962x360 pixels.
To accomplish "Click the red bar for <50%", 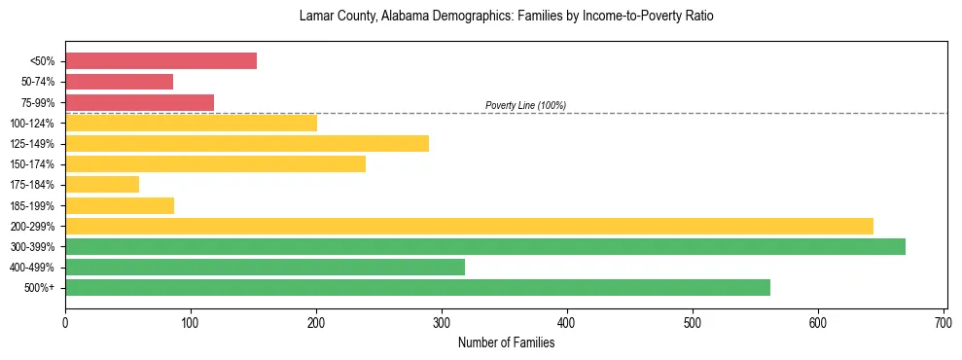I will pyautogui.click(x=160, y=61).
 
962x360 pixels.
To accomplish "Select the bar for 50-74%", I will pyautogui.click(x=119, y=82).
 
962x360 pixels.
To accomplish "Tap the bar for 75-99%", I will pyautogui.click(x=139, y=102).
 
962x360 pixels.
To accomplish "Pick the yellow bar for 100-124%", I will pyautogui.click(x=191, y=123).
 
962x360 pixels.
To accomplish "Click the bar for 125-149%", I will pyautogui.click(x=246, y=144).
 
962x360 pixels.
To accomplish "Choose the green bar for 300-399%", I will pyautogui.click(x=484, y=246).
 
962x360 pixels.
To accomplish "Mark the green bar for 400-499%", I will pyautogui.click(x=265, y=267).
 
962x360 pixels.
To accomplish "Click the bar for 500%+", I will pyautogui.click(x=417, y=287).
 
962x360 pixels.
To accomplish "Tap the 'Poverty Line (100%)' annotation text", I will pyautogui.click(x=525, y=105).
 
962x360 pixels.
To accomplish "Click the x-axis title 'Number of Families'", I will pyautogui.click(x=506, y=342).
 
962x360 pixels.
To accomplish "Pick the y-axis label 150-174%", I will pyautogui.click(x=33, y=164).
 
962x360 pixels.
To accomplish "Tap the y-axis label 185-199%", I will pyautogui.click(x=33, y=206).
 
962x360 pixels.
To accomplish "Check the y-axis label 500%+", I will pyautogui.click(x=40, y=288).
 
